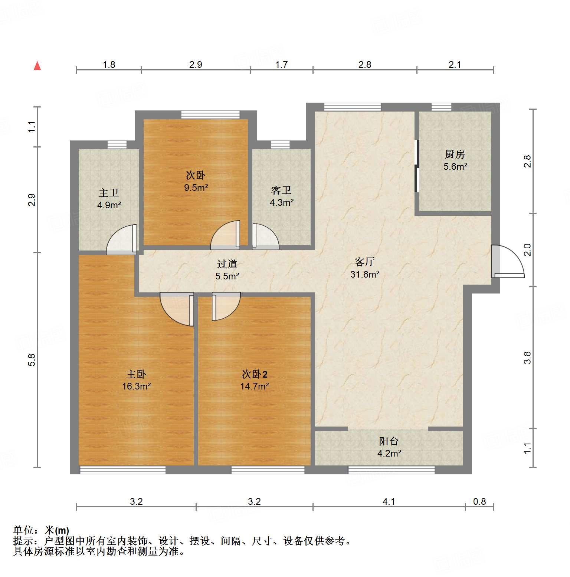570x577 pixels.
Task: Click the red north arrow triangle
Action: point(37,66)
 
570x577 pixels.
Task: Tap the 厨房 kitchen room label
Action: point(455,154)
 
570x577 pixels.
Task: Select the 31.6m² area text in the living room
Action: point(364,275)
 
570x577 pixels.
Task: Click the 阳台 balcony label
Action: point(389,441)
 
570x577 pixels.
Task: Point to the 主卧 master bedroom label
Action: point(136,374)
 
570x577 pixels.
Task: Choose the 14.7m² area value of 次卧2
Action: point(254,387)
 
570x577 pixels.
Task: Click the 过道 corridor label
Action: point(227,264)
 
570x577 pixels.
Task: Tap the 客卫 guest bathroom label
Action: point(281,190)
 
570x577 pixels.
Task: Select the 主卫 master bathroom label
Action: point(109,193)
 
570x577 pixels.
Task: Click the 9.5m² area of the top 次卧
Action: point(196,188)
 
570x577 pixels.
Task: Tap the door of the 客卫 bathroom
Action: point(265,236)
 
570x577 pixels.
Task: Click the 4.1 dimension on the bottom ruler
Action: point(389,501)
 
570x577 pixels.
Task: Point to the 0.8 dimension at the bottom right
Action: point(479,501)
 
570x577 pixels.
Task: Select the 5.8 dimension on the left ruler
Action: point(32,360)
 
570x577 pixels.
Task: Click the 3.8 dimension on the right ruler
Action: point(527,358)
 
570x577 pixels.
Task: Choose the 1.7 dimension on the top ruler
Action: point(281,64)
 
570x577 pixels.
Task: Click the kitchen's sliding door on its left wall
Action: point(417,166)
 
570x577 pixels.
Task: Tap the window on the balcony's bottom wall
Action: point(391,470)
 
